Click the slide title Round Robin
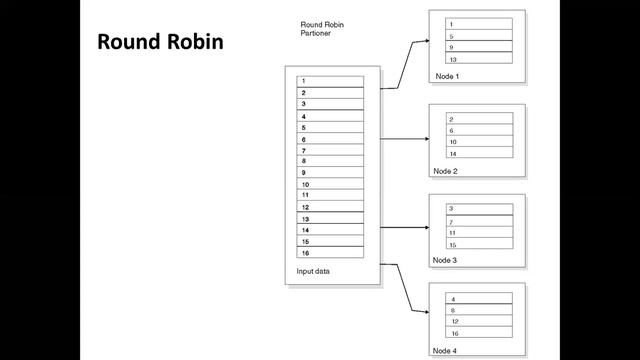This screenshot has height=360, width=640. [x=160, y=42]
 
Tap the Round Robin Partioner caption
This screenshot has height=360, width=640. [x=322, y=29]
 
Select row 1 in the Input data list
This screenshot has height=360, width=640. [x=330, y=81]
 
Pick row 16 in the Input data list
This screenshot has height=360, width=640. [x=330, y=253]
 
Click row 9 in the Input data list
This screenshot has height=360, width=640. [x=330, y=172]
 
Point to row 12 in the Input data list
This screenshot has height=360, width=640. [x=330, y=207]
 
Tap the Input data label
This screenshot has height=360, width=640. [x=313, y=271]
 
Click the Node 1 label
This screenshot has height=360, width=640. [x=447, y=76]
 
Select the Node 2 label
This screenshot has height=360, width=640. [x=445, y=171]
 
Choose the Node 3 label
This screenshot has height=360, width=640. [x=444, y=260]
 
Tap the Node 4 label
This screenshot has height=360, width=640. [x=444, y=351]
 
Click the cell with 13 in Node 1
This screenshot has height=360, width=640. [x=479, y=58]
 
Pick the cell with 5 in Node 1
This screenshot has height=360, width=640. [x=479, y=35]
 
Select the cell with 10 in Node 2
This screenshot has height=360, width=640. [x=480, y=141]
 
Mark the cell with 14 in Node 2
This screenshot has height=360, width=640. [x=480, y=152]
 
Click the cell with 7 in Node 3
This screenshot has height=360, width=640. [x=480, y=221]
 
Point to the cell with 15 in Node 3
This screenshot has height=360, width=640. [x=480, y=243]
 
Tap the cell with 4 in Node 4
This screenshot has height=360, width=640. [x=479, y=298]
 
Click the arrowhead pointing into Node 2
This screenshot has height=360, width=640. [x=427, y=139]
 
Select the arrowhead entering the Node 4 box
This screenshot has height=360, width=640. [x=427, y=312]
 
